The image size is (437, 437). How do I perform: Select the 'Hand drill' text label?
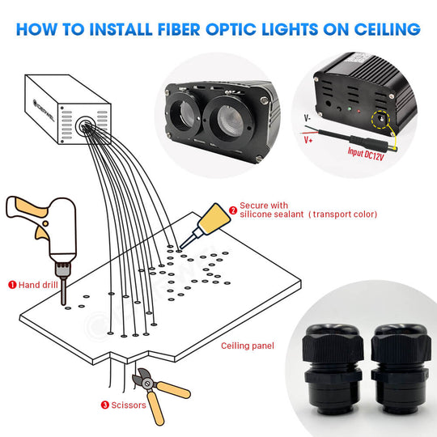pyautogui.click(x=41, y=285)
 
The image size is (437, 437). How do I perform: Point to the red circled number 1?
pyautogui.click(x=12, y=285)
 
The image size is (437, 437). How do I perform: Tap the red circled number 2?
pyautogui.click(x=233, y=209)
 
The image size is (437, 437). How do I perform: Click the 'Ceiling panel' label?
pyautogui.click(x=248, y=346)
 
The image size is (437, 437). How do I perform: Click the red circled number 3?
pyautogui.click(x=104, y=405)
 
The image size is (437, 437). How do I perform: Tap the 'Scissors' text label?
pyautogui.click(x=129, y=405)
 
